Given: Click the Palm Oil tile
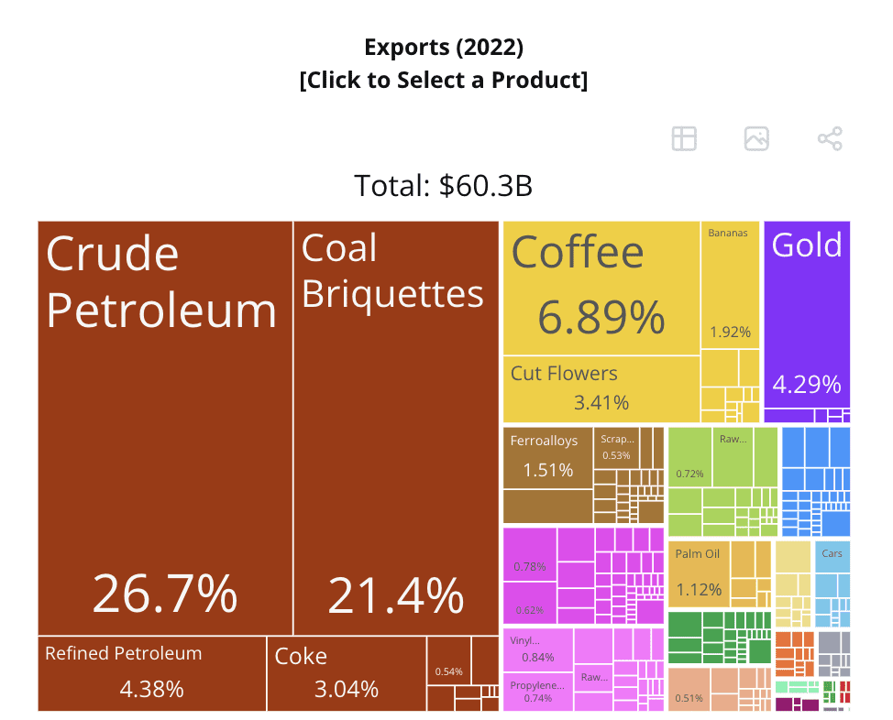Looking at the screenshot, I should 698,572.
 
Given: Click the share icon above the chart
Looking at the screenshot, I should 830,139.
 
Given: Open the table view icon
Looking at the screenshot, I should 684,139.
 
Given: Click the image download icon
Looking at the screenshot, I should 756,139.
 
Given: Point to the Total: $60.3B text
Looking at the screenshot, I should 444,186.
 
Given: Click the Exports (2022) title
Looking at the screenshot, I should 444,47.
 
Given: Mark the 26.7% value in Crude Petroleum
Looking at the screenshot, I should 165,594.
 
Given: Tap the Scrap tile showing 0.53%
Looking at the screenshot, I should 616,448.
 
